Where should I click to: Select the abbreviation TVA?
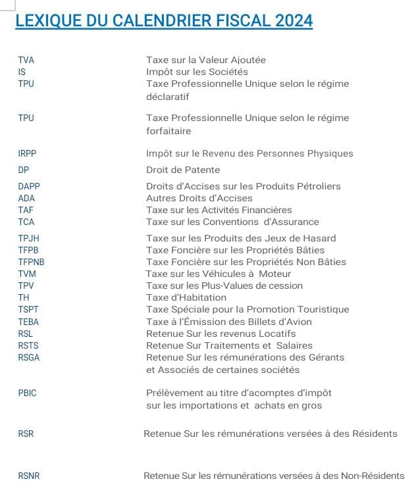coord(26,60)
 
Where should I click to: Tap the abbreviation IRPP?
coord(28,153)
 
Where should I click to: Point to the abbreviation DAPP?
coord(29,186)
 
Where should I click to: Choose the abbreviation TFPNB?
coord(31,262)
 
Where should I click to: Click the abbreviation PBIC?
coord(28,393)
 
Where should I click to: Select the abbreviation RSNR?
coord(29,476)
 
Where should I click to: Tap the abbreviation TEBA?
coord(28,322)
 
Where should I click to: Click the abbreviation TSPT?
coord(28,309)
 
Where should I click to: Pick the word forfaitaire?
coord(169,131)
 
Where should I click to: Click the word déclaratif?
coord(167,97)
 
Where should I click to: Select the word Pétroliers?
coord(318,186)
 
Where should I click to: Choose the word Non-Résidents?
coord(373,476)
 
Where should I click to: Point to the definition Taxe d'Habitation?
coord(186,297)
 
